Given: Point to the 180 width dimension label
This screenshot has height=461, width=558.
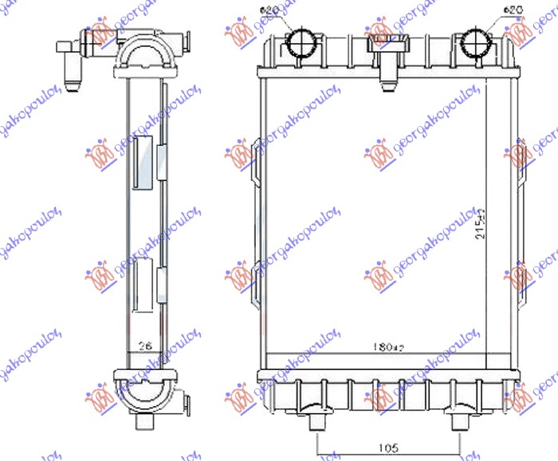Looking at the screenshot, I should [x=390, y=348].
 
